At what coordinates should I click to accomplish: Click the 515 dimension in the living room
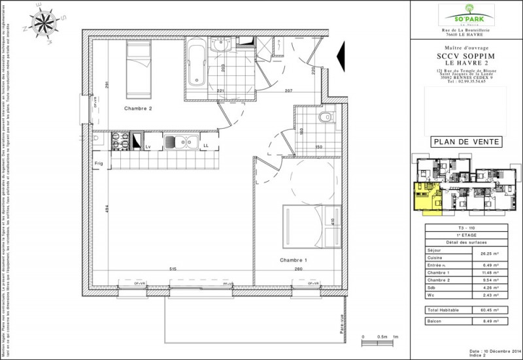(x=173, y=269)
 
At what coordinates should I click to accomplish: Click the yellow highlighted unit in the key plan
(x=425, y=197)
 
